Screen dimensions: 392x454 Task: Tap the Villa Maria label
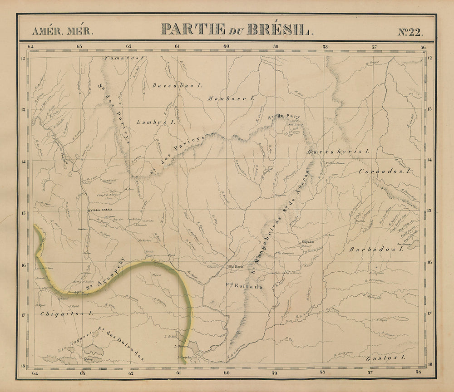click(x=235, y=267)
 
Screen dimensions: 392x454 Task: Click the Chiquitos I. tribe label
click(x=66, y=313)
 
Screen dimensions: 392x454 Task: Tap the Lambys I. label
click(x=156, y=122)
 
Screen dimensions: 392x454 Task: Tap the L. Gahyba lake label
click(x=184, y=358)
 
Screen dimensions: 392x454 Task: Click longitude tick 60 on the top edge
click(x=226, y=46)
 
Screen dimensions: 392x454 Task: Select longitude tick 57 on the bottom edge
click(x=370, y=372)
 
